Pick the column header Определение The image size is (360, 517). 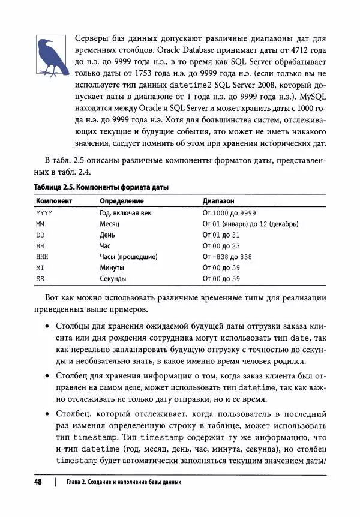coord(122,202)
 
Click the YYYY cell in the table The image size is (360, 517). coord(44,213)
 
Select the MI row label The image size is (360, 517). coord(41,267)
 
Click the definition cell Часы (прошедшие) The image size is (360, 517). coord(128,257)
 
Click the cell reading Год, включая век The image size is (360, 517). coord(125,213)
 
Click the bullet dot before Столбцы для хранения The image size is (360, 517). coord(48,327)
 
